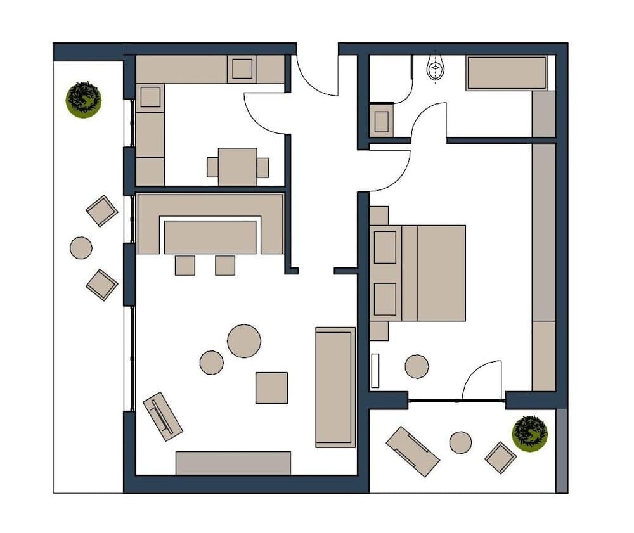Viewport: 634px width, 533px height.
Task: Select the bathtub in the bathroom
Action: point(507,73)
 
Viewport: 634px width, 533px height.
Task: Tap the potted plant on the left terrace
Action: point(84,100)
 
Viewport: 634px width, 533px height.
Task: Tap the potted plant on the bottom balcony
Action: point(529,433)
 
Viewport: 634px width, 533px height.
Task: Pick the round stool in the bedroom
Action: point(417,366)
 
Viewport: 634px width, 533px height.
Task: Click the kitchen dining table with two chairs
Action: point(238,167)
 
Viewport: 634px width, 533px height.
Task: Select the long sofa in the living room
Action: point(335,387)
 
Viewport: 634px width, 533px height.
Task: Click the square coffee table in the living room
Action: point(271,387)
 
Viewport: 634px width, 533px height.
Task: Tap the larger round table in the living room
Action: point(244,341)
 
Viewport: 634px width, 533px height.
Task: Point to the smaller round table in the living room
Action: point(211,363)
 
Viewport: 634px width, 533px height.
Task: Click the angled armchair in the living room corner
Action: point(163,416)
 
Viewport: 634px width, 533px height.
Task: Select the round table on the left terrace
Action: point(81,247)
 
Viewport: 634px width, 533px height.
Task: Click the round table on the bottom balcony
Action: point(460,442)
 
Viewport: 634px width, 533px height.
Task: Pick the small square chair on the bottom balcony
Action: point(500,457)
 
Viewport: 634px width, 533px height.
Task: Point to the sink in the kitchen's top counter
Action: point(242,68)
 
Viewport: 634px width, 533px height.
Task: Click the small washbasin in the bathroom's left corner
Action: point(382,121)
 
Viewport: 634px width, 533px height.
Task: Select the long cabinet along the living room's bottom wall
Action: point(233,463)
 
